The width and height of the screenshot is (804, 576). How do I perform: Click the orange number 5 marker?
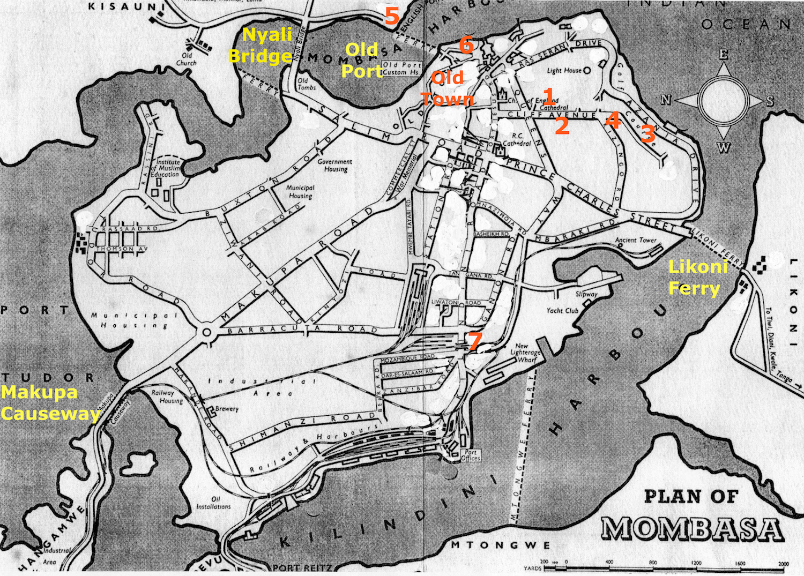coord(392,16)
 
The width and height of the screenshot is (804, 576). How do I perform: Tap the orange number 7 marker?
coord(474,341)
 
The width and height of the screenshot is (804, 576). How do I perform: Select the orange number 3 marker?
coord(648,133)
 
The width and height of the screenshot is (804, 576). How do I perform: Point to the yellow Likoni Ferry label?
coord(697,277)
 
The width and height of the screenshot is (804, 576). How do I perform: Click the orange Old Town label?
coord(448,88)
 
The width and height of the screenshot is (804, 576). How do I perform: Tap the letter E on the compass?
coord(723,55)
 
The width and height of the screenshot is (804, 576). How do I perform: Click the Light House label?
coord(564,70)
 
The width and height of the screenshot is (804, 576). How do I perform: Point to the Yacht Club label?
coord(562,310)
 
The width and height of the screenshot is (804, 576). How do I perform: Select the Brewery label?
coord(227,409)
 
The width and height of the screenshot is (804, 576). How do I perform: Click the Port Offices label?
coord(470,455)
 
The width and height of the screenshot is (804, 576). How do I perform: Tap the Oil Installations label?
coord(213,503)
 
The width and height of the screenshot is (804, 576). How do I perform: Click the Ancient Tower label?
coord(635,240)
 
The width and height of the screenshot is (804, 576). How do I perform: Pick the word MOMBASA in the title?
coord(691,529)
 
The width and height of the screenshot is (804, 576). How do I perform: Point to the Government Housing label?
coord(336,165)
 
